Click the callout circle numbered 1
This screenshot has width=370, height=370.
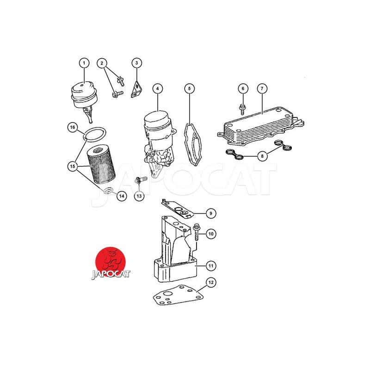click(x=84, y=63)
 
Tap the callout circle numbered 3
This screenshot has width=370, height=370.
click(x=136, y=63)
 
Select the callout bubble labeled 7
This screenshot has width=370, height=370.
click(x=262, y=89)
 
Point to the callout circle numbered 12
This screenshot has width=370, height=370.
click(x=211, y=283)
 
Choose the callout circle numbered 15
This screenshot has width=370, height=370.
click(x=73, y=166)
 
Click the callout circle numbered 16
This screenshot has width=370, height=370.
click(x=73, y=128)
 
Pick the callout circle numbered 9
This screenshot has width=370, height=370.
click(x=211, y=213)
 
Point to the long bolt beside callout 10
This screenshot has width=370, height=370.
click(x=197, y=232)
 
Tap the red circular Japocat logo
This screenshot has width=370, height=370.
click(x=110, y=261)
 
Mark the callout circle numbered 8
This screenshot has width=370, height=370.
click(x=262, y=156)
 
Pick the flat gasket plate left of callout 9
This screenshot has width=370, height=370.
click(x=177, y=209)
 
